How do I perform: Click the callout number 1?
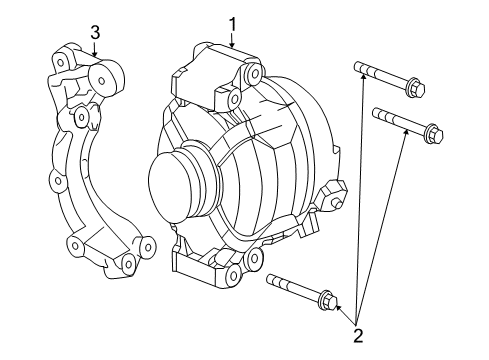tap(232, 22)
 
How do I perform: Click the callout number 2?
tap(357, 336)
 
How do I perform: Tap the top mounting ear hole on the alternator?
tap(232, 99)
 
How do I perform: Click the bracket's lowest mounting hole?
tap(127, 264)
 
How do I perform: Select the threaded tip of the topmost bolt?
tap(359, 68)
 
